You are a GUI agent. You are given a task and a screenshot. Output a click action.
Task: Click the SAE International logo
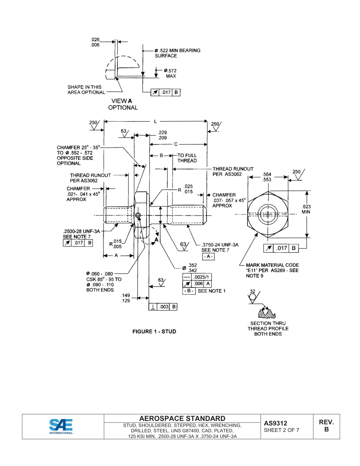click(61, 426)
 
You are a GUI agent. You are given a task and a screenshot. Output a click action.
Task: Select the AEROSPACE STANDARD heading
click(182, 418)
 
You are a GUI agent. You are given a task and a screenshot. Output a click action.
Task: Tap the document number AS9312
click(275, 423)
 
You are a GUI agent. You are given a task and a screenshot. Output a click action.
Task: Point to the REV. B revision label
click(326, 426)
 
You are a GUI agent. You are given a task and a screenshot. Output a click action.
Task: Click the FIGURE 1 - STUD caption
click(154, 332)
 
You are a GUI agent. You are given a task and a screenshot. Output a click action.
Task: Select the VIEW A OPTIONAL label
click(122, 104)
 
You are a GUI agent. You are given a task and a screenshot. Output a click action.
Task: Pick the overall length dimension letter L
click(155, 122)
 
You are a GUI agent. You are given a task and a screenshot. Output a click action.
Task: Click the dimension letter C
click(176, 144)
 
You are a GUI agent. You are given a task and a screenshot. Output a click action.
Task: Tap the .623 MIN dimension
click(306, 209)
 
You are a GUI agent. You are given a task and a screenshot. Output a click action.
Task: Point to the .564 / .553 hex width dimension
click(267, 177)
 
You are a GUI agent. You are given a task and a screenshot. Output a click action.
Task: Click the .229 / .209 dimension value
click(163, 135)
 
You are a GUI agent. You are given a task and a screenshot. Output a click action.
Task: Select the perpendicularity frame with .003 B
click(163, 307)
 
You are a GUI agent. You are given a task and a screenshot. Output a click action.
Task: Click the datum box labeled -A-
click(208, 256)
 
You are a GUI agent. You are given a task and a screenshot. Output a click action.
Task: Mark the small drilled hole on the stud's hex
click(138, 216)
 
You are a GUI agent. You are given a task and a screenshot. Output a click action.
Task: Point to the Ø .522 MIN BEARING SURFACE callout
click(177, 53)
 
